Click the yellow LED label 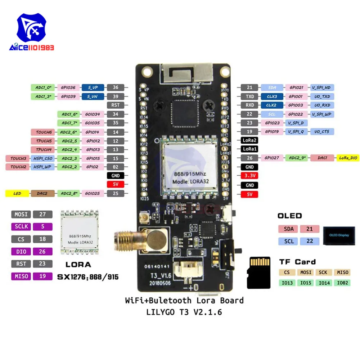click(17, 193)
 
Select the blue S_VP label click(93, 87)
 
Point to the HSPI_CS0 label click(42, 158)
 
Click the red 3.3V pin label click(249, 176)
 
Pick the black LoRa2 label click(249, 140)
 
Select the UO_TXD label click(322, 96)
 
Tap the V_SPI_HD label click(322, 87)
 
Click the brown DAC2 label click(42, 193)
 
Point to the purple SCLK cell click(21, 227)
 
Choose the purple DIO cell click(21, 251)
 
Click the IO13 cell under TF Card click(287, 283)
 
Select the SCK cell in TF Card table click(323, 273)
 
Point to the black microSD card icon click(258, 273)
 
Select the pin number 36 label click(116, 87)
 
